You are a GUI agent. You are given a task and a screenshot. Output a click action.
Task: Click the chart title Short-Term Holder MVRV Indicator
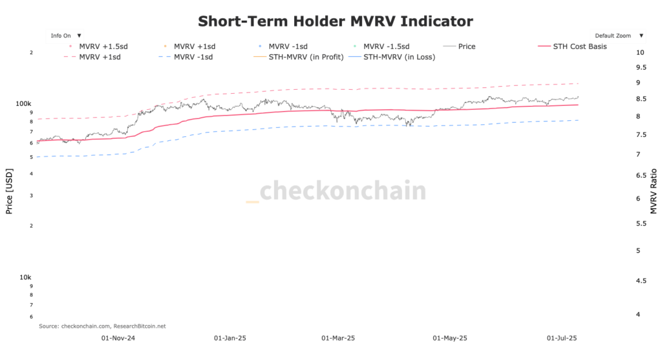[336, 21]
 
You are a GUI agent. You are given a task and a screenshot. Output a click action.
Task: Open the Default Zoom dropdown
[618, 36]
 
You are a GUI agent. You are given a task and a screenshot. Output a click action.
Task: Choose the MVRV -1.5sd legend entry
[389, 47]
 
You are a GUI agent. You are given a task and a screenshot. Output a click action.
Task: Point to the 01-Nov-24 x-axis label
[118, 338]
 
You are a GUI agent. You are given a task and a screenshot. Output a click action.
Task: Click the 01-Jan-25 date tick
[230, 338]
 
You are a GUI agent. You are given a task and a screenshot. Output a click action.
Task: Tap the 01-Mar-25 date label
[338, 338]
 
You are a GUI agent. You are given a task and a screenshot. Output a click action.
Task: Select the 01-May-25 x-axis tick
[450, 338]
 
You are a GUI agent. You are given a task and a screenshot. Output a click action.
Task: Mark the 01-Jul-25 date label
[562, 338]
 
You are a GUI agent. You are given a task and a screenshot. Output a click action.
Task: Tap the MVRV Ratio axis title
[654, 191]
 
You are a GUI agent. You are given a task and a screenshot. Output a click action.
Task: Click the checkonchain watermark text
[342, 191]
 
